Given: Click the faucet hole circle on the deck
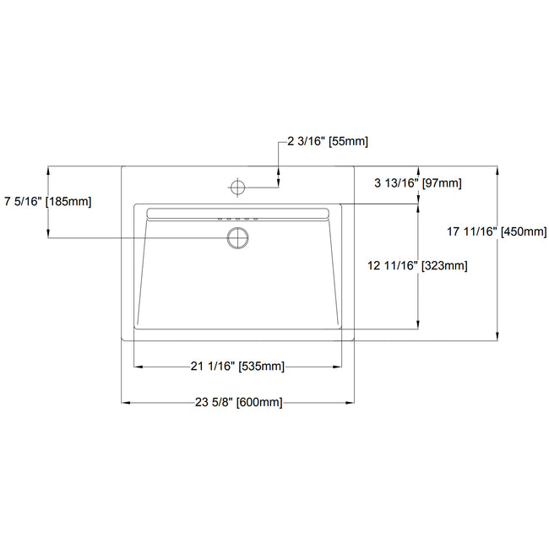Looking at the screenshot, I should pyautogui.click(x=238, y=184).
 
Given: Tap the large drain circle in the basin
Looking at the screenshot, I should pyautogui.click(x=238, y=237).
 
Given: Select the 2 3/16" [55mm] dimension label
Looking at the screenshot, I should pyautogui.click(x=327, y=142).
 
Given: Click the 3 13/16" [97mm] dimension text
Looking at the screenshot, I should pyautogui.click(x=417, y=183).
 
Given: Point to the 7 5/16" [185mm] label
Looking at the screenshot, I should pyautogui.click(x=47, y=201).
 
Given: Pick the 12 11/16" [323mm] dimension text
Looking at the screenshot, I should pyautogui.click(x=417, y=265).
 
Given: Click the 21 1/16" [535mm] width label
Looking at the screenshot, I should pyautogui.click(x=237, y=367).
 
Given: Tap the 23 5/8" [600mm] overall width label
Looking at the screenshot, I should pyautogui.click(x=237, y=403).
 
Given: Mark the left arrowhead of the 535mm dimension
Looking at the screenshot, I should pyautogui.click(x=138, y=367).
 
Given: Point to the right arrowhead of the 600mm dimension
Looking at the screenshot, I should pyautogui.click(x=351, y=403).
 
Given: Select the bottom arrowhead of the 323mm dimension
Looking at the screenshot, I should pyautogui.click(x=418, y=325).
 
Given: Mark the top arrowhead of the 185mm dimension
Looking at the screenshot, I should pyautogui.click(x=48, y=168).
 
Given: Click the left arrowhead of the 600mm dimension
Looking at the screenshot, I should pyautogui.click(x=125, y=403).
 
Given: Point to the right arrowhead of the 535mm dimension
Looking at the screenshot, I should pyautogui.click(x=340, y=367).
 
